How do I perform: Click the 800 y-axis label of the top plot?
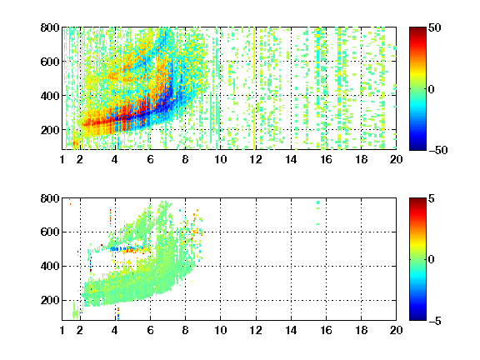(50, 27)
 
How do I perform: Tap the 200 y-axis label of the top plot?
(50, 130)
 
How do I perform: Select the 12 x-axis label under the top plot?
(256, 159)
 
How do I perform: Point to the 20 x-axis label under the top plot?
(396, 159)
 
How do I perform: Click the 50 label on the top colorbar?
(434, 27)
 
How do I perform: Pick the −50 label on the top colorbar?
(437, 150)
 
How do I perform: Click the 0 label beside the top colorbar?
(431, 89)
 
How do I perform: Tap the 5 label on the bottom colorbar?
(432, 198)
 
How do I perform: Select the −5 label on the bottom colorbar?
(434, 321)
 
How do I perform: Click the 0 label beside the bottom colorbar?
(431, 260)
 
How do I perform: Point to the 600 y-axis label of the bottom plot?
(50, 232)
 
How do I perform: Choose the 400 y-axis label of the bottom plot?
(50, 266)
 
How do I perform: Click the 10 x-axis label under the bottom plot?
(220, 330)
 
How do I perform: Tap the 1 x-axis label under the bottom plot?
(62, 330)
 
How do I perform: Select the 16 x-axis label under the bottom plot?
(326, 330)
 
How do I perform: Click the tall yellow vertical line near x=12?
(254, 88)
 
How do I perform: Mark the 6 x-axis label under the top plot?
(150, 159)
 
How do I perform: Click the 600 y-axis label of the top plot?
(50, 62)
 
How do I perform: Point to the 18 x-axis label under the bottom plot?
(361, 330)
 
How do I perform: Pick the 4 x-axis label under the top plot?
(115, 159)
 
